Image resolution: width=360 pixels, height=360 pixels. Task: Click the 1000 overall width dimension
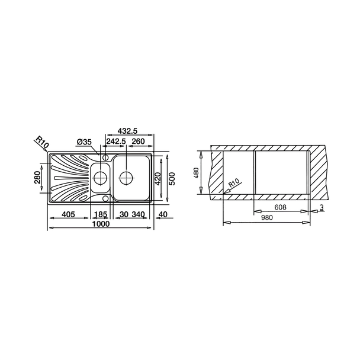click(x=101, y=224)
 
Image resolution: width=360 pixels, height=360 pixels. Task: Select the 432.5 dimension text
click(x=127, y=131)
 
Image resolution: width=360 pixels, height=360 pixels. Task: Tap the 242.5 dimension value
click(x=115, y=142)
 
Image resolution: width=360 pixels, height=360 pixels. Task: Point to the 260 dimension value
click(x=138, y=142)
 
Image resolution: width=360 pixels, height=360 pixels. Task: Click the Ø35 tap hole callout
click(x=84, y=142)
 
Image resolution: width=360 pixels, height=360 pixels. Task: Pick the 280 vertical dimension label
click(x=37, y=178)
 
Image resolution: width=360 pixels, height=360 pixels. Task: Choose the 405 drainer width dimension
click(x=69, y=214)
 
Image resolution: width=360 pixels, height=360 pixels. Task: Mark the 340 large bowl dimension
click(x=138, y=214)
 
